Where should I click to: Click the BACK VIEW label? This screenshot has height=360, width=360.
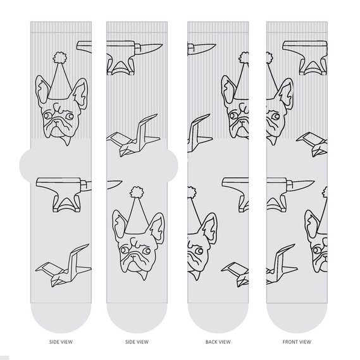(218, 342)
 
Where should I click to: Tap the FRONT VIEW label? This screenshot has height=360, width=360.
(297, 342)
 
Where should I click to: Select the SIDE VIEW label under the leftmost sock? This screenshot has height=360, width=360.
(61, 342)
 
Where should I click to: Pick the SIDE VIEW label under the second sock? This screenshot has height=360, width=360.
(137, 342)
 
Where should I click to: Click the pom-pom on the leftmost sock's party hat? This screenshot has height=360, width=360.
(59, 58)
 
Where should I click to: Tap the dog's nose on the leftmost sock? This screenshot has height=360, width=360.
(56, 121)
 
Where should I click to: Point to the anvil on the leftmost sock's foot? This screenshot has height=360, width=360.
(61, 194)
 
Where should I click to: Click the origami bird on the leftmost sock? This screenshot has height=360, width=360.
(63, 266)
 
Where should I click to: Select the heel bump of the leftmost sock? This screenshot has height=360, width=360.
(25, 164)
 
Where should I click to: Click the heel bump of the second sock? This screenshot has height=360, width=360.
(173, 165)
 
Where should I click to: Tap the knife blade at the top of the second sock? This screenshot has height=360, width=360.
(151, 49)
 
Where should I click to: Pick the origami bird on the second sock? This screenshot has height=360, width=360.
(133, 135)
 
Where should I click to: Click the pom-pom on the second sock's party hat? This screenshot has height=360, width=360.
(137, 192)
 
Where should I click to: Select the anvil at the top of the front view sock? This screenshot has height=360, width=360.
(305, 58)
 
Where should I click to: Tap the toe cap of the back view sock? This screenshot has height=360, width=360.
(218, 318)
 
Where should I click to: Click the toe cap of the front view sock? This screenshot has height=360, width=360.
(297, 318)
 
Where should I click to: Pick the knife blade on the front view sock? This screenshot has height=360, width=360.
(304, 185)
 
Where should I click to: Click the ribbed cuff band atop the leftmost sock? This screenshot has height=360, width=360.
(61, 27)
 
